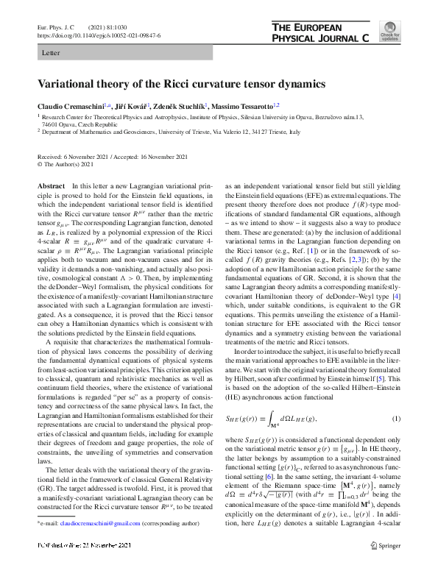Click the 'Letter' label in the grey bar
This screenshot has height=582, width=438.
(x=52, y=54)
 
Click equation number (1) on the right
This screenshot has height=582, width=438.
(x=395, y=419)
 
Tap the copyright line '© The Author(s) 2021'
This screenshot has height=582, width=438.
(x=67, y=164)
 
